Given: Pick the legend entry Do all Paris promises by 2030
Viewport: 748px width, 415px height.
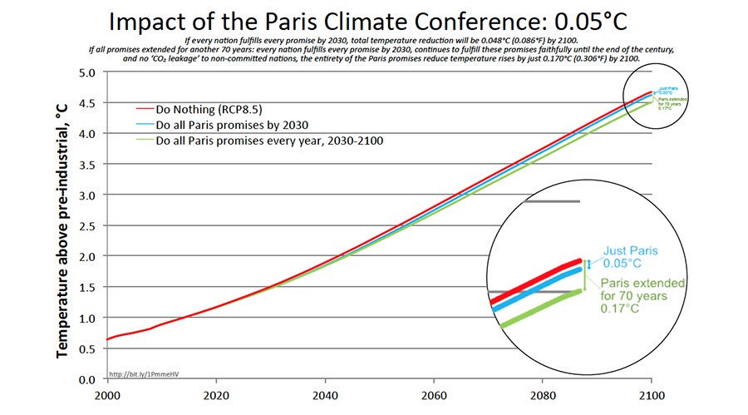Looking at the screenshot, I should click(x=225, y=125).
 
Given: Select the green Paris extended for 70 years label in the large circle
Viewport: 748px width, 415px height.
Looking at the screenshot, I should click(x=642, y=295).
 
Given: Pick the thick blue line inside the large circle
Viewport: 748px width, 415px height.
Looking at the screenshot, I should click(x=536, y=293).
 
